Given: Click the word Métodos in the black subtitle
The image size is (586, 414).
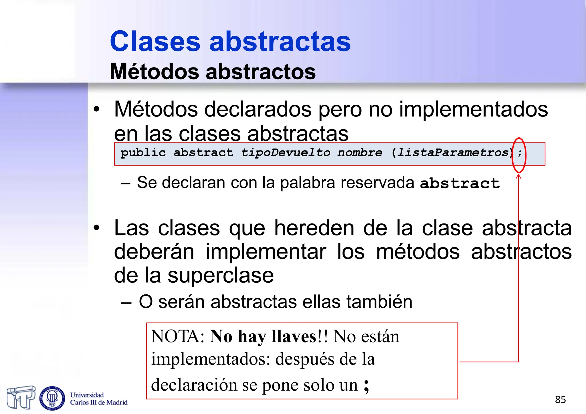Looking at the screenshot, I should point(154,72).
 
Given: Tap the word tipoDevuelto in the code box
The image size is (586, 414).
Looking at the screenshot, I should point(286,152).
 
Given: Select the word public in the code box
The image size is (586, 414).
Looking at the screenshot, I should point(143,152).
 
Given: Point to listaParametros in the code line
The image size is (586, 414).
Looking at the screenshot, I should point(454,152).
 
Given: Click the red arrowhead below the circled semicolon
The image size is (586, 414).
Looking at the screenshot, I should point(518,176).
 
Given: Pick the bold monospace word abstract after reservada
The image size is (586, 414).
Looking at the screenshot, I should point(460,183).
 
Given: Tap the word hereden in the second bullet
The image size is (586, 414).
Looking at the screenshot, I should point(314,228).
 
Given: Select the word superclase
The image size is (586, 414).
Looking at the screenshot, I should point(221,276).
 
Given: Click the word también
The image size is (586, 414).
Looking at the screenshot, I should point(379,302).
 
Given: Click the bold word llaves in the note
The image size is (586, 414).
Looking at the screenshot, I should point(294,336).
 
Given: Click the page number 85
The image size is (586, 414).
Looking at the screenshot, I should point(560,399).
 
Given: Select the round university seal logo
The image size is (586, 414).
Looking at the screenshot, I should point(52,398).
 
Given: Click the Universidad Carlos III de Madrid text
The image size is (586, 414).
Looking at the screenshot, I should point(99,399).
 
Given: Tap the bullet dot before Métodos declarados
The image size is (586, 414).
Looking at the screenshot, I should point(97,110).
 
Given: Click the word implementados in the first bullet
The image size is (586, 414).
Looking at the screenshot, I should point(473,110).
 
